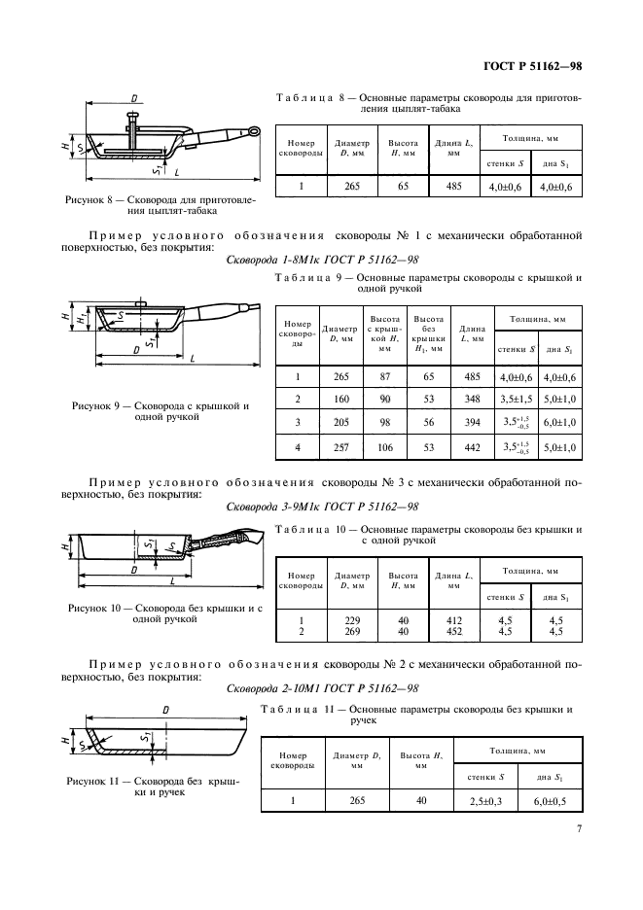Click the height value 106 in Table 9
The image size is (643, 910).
[x=381, y=446]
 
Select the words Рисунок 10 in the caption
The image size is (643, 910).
[x=96, y=608]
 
